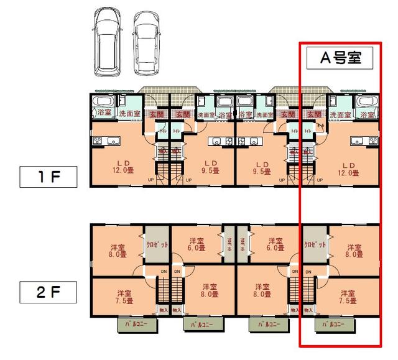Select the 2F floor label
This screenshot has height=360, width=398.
(48, 290)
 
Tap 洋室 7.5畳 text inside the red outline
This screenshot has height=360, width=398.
(349, 297)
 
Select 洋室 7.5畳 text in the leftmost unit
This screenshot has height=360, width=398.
(124, 297)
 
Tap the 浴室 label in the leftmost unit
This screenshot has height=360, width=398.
(104, 114)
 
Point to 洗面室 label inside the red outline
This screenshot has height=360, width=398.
(340, 115)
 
